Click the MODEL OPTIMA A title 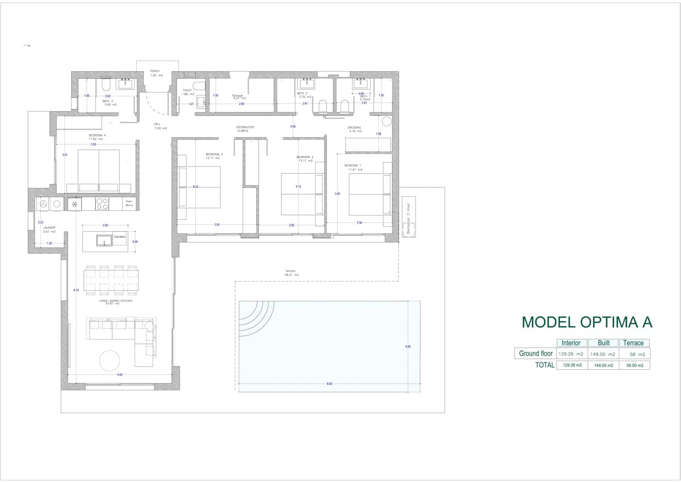[x=587, y=322]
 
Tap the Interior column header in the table [x=571, y=343]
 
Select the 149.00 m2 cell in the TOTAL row [x=603, y=365]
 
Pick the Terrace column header [x=633, y=343]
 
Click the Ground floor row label [x=535, y=353]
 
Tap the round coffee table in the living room [x=109, y=361]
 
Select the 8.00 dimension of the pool [x=329, y=384]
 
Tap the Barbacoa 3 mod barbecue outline [x=409, y=217]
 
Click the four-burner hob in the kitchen [x=102, y=204]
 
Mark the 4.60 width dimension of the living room [x=120, y=375]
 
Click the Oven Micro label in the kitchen [x=129, y=204]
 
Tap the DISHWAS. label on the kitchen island [x=120, y=237]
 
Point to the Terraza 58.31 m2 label [x=292, y=273]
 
